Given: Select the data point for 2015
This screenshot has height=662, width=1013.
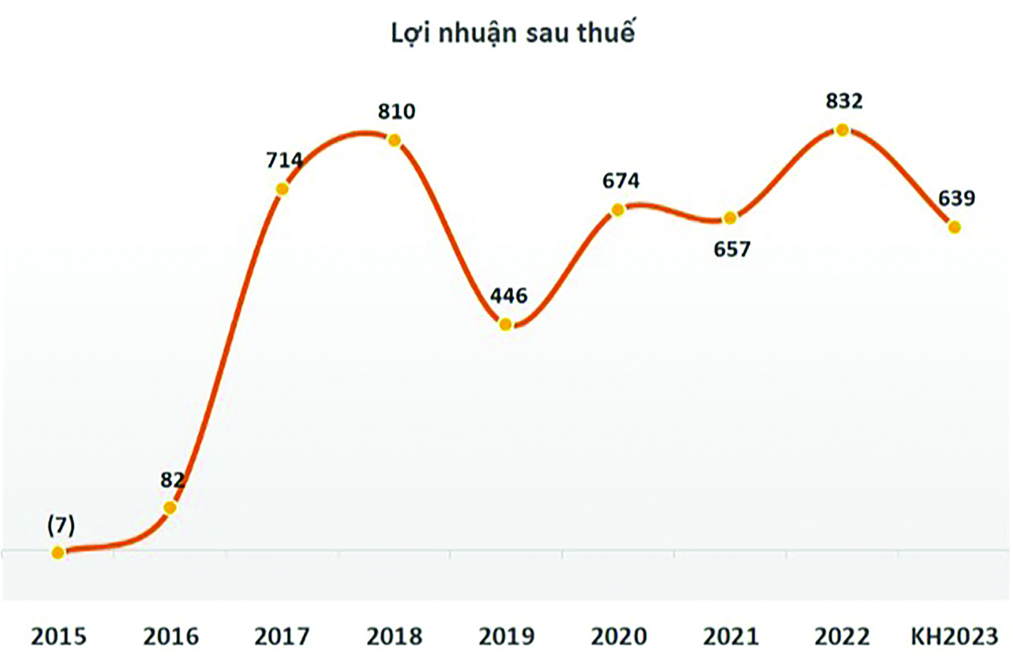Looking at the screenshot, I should pyautogui.click(x=58, y=552).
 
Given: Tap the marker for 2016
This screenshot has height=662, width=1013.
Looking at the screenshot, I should pyautogui.click(x=170, y=508).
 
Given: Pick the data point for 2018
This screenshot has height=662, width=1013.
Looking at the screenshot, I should pyautogui.click(x=394, y=141).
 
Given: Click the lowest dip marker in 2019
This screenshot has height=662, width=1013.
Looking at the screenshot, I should pyautogui.click(x=506, y=325).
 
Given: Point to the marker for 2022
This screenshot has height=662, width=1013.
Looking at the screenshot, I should pyautogui.click(x=842, y=130).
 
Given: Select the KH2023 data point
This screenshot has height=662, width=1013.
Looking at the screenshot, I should pyautogui.click(x=955, y=227).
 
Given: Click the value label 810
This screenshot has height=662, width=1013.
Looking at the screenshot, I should pyautogui.click(x=396, y=112).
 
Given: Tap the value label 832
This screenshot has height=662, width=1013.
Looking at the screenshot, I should pyautogui.click(x=844, y=101).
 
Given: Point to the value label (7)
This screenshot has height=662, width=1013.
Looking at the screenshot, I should pyautogui.click(x=61, y=526).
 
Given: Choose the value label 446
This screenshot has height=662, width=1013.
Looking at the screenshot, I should pyautogui.click(x=508, y=296).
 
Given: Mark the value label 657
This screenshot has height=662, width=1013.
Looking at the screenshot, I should pyautogui.click(x=732, y=249).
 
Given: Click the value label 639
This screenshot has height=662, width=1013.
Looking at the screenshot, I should pyautogui.click(x=956, y=198).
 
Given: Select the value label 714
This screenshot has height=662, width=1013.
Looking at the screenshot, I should pyautogui.click(x=284, y=160).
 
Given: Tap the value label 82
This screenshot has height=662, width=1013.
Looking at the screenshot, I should pyautogui.click(x=172, y=480).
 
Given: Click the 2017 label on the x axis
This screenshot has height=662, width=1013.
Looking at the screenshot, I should pyautogui.click(x=282, y=637).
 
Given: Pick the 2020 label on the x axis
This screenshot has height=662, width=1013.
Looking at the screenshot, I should pyautogui.click(x=619, y=637).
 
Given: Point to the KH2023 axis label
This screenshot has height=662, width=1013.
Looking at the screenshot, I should pyautogui.click(x=955, y=637).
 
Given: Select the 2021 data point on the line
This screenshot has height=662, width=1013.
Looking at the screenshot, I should pyautogui.click(x=730, y=219).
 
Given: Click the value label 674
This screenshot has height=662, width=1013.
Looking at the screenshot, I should pyautogui.click(x=621, y=181).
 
